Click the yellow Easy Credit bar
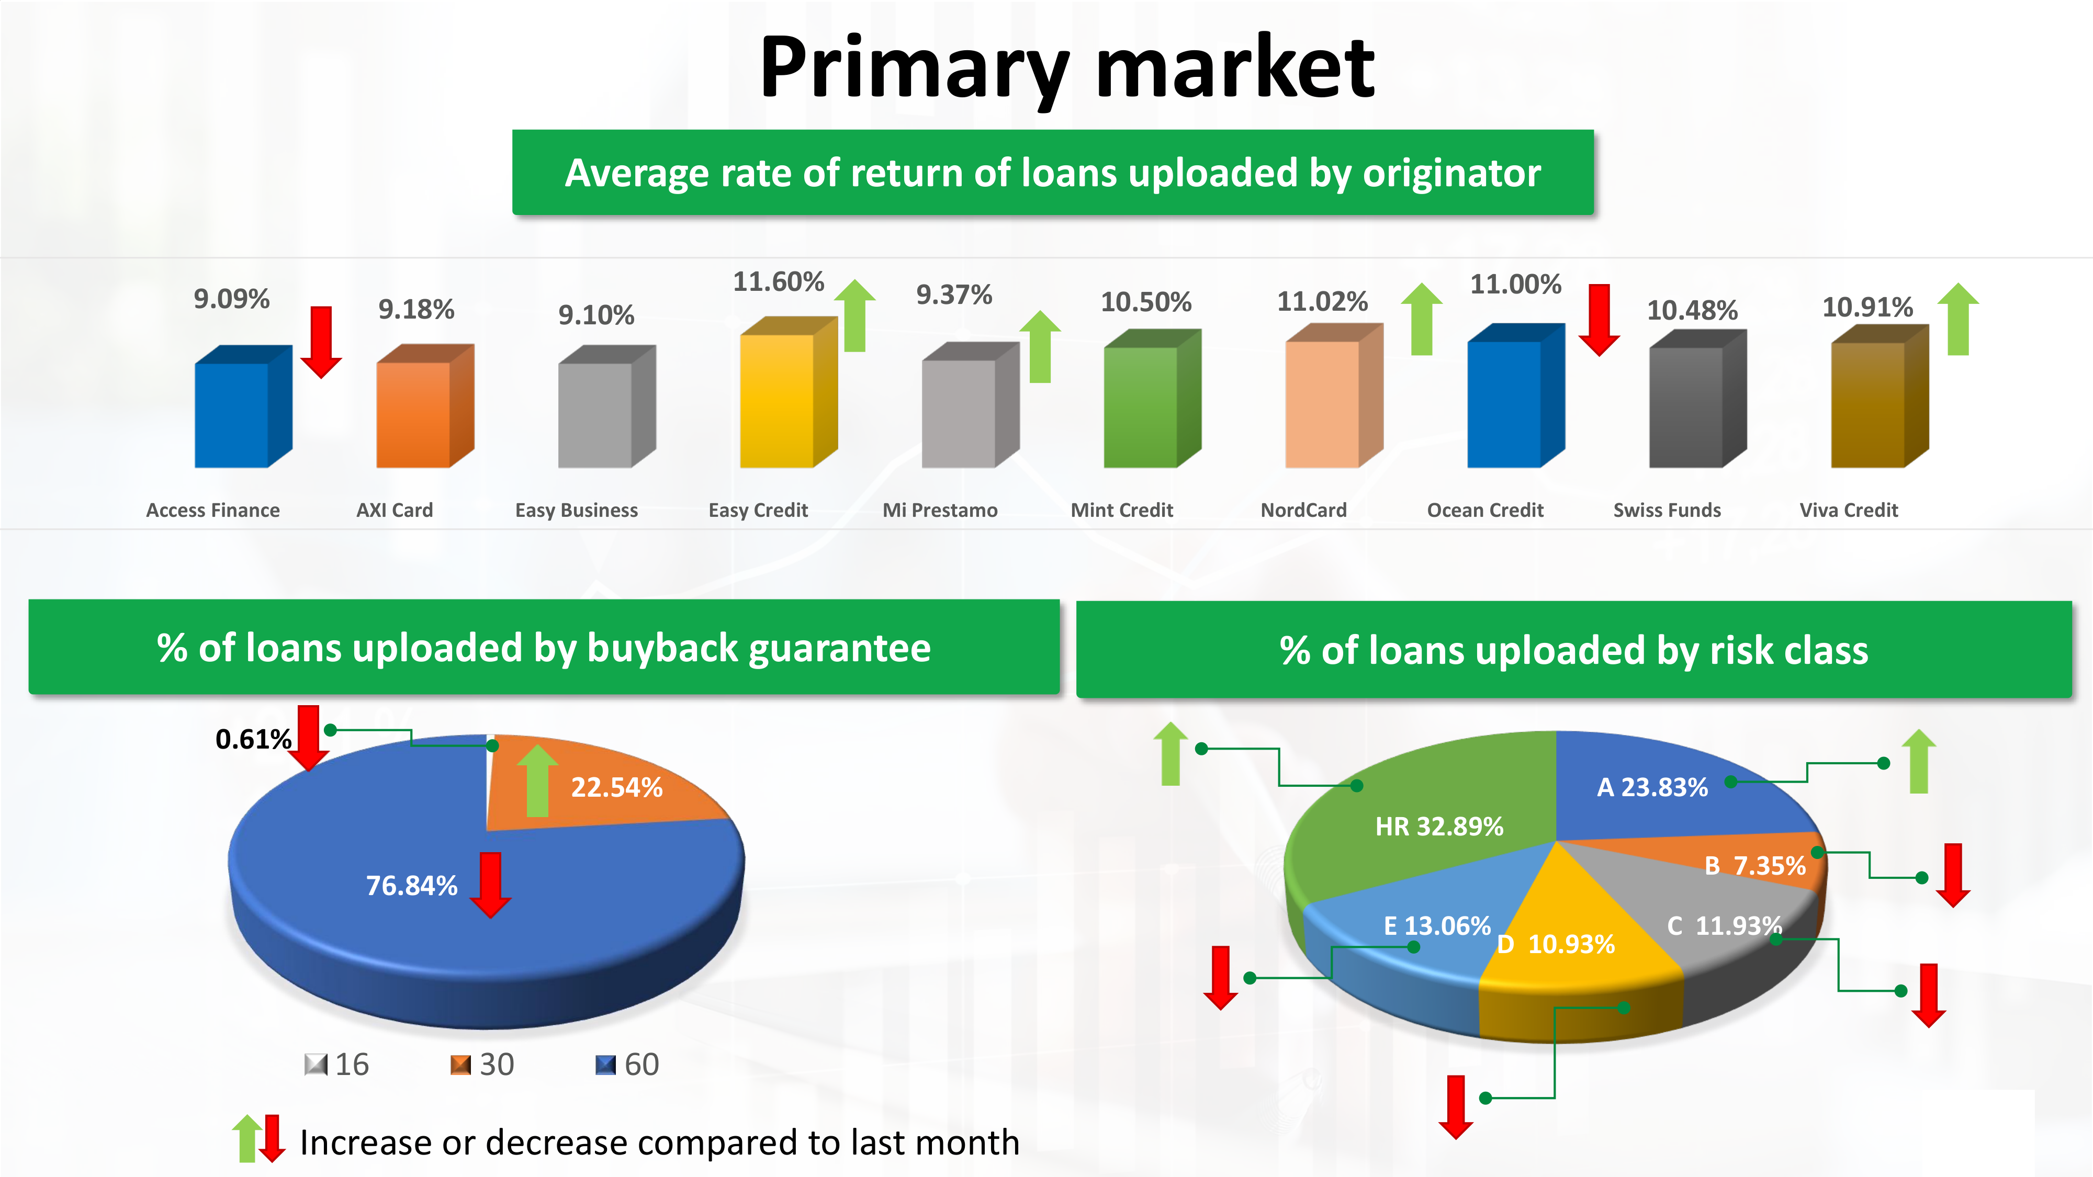tap(788, 392)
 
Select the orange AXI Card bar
tap(425, 406)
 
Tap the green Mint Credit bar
tap(1152, 398)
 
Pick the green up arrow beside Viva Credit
tap(1958, 319)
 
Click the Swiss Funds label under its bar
tap(1667, 510)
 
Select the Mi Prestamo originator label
tap(940, 510)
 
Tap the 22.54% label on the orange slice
tap(617, 787)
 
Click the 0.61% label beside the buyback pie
tap(253, 739)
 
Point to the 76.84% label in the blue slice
tap(412, 886)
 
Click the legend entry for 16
tap(337, 1064)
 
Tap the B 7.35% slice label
tap(1755, 866)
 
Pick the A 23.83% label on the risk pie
tap(1652, 787)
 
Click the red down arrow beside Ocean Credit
tap(1599, 320)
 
